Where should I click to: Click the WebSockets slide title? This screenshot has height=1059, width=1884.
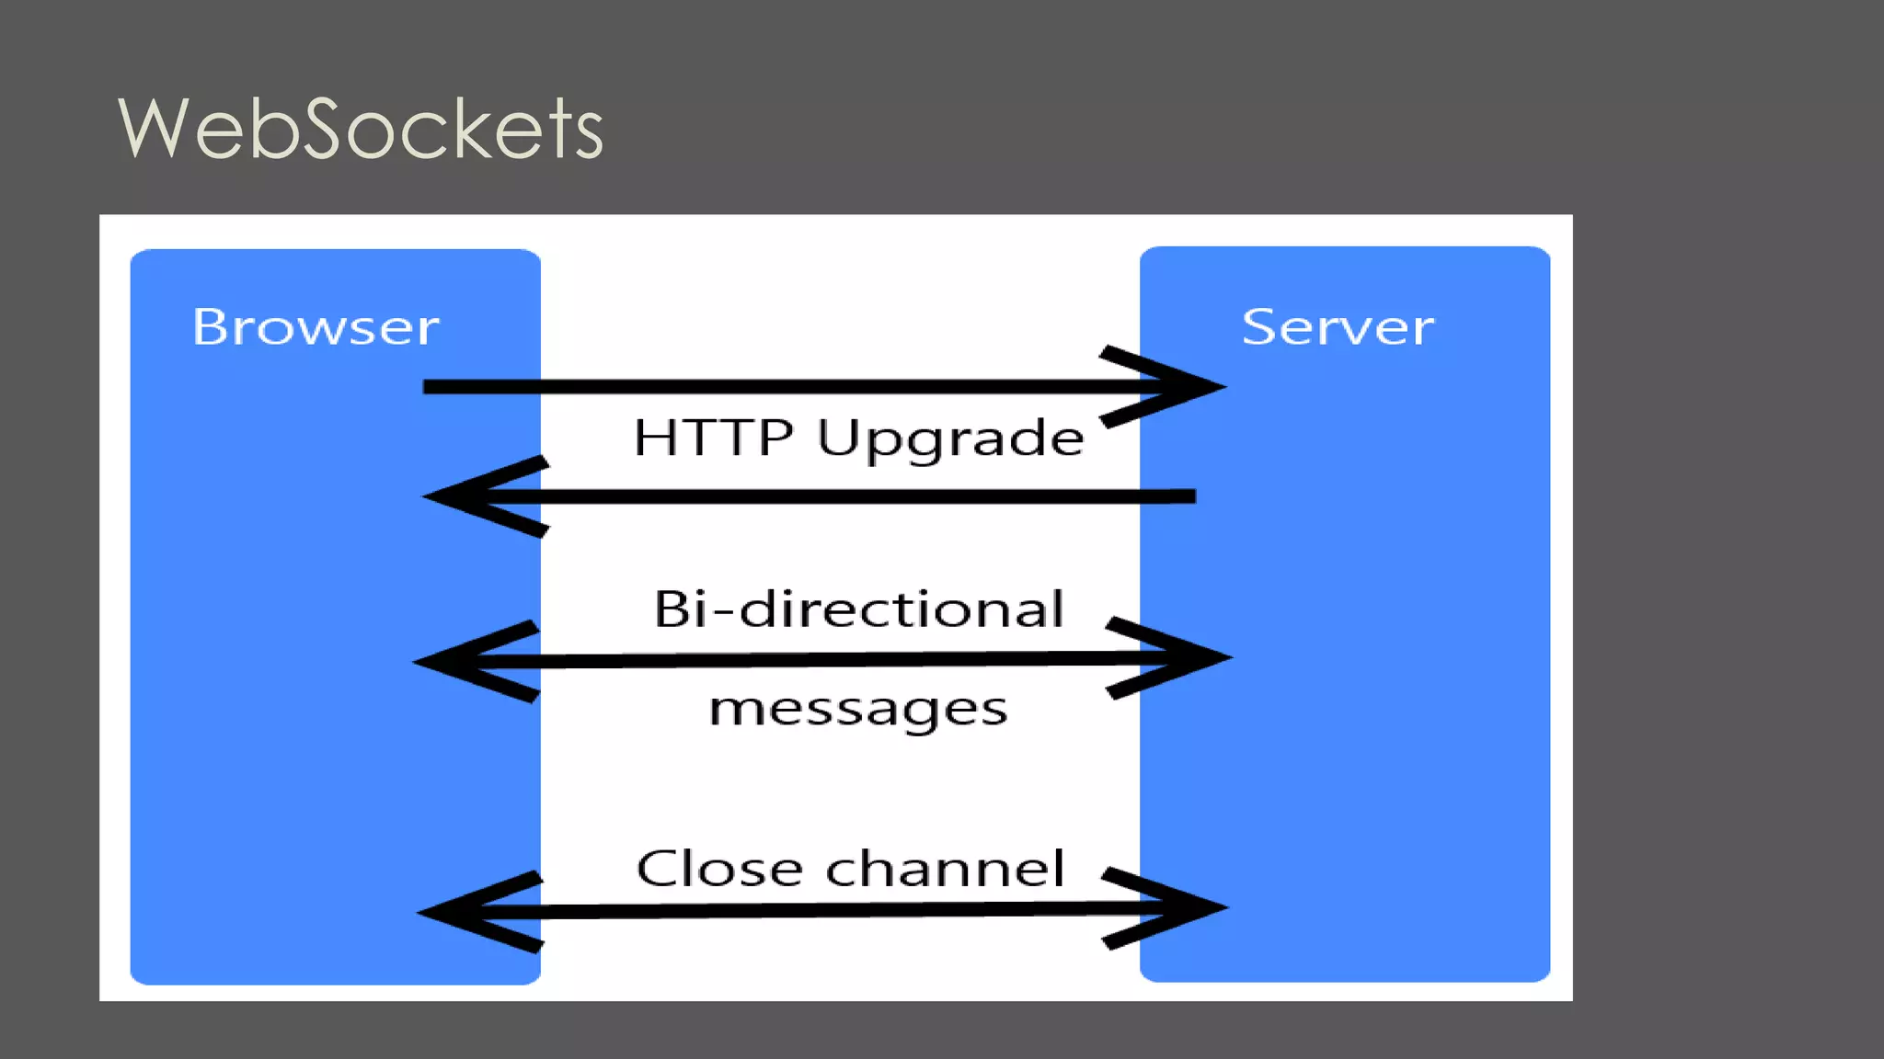point(361,129)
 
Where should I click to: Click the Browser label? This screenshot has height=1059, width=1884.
point(316,327)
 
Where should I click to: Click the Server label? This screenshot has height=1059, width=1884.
point(1337,327)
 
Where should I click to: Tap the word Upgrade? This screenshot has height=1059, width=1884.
point(950,439)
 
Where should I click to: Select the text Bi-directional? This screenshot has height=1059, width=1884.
point(858,609)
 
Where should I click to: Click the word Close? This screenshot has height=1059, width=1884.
point(719,869)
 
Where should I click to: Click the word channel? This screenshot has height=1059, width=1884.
point(945,869)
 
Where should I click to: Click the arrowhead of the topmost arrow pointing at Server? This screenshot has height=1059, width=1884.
point(1187,387)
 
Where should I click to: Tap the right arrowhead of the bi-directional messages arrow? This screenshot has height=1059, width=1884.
point(1192,657)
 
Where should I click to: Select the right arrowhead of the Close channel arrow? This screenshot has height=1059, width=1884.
point(1189,907)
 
